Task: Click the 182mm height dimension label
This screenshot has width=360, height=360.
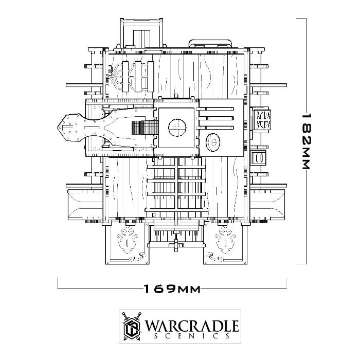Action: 306,141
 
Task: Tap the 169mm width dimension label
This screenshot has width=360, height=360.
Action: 172,289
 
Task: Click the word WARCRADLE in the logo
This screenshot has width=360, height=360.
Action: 192,326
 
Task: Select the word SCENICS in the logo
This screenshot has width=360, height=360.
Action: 192,336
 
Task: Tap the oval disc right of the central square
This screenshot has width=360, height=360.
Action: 213,142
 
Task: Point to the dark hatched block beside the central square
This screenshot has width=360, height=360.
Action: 145,128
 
